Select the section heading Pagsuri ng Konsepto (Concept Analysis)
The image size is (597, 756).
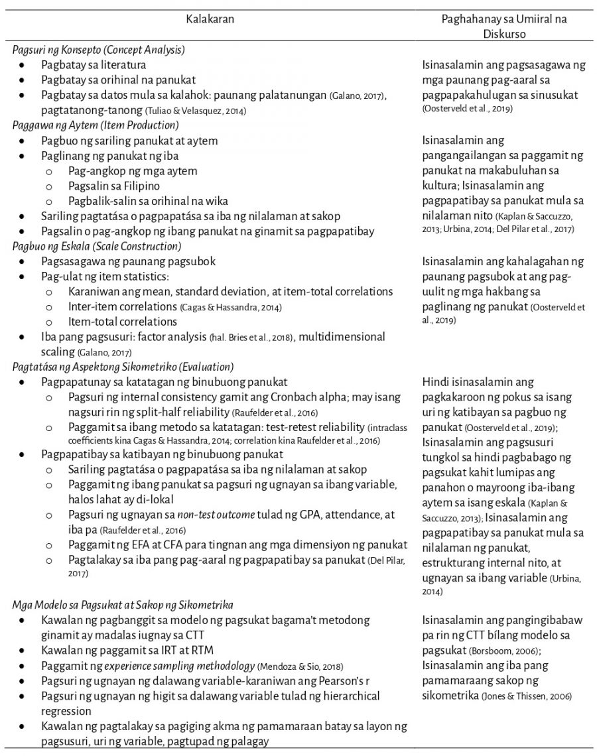(x=98, y=50)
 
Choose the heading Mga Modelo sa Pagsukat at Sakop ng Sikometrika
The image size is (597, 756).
(x=122, y=604)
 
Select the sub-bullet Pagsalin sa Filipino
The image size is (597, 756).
(x=115, y=186)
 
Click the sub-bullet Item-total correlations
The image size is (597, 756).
(x=122, y=322)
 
